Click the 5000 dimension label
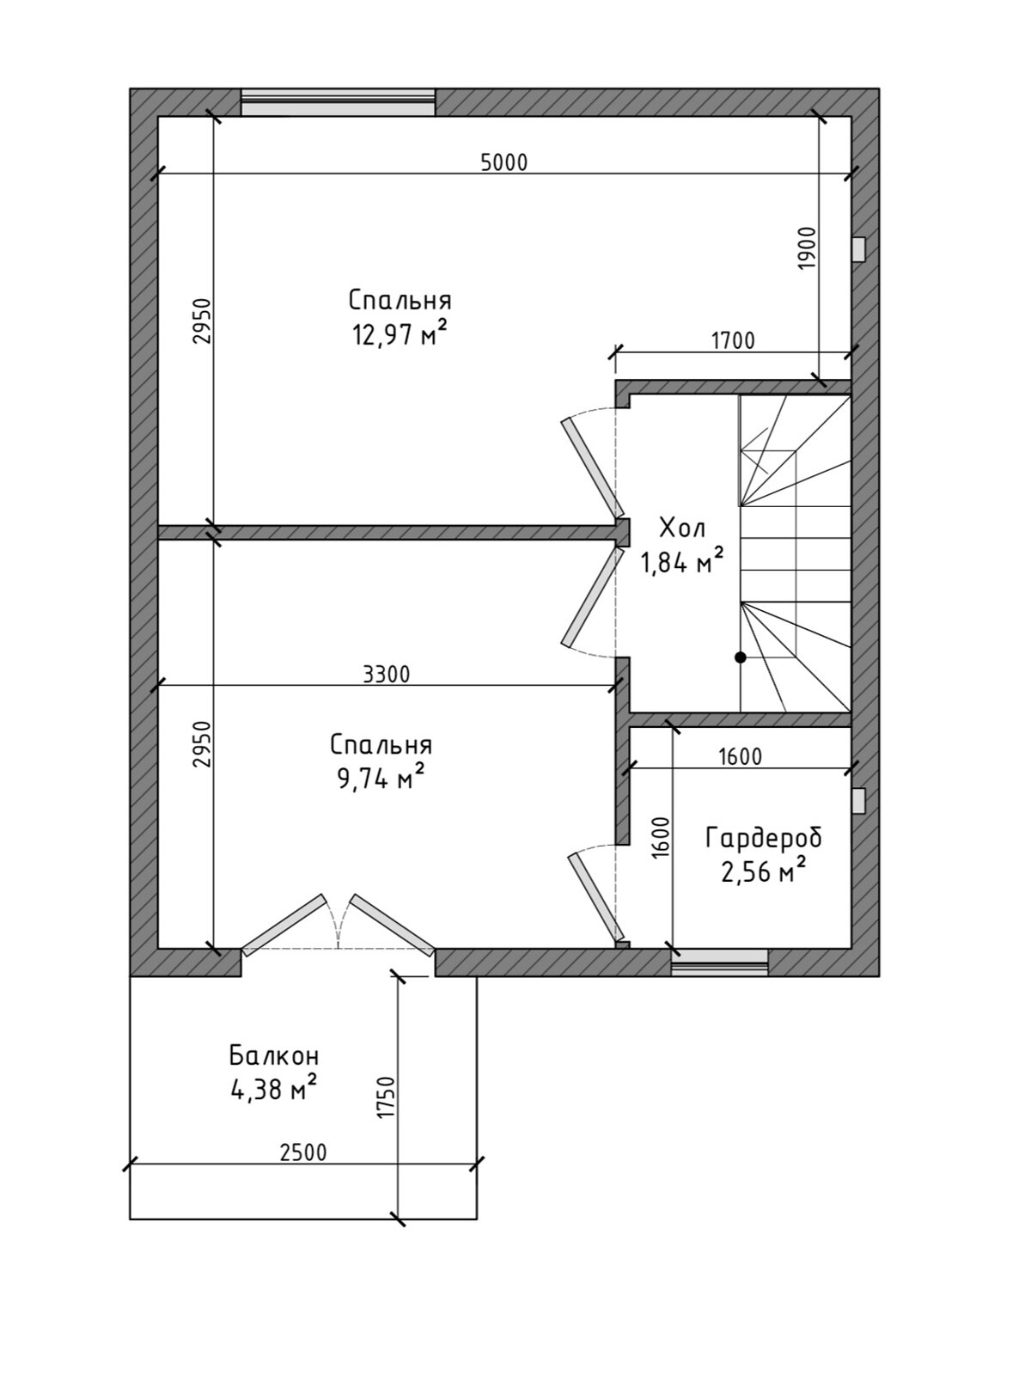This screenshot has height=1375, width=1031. click(504, 162)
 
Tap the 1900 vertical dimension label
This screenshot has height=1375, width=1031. click(808, 248)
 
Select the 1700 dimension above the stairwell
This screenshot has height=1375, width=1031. click(733, 341)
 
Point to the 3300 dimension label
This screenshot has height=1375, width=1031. click(387, 675)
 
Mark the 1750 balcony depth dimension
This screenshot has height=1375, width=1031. click(387, 1079)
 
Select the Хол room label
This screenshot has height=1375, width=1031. click(682, 529)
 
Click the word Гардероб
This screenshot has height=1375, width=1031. click(763, 838)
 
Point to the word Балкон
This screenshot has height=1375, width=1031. click(274, 1055)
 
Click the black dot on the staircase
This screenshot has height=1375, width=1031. click(741, 657)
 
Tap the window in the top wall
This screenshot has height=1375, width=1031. click(338, 102)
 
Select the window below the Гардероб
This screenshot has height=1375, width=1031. click(719, 962)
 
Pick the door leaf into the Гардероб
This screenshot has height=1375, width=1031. click(595, 897)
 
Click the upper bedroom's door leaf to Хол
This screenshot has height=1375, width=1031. click(592, 467)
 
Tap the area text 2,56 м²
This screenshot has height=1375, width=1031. click(763, 871)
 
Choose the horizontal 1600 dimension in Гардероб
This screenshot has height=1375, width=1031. click(741, 757)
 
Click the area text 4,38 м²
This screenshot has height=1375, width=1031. click(273, 1090)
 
